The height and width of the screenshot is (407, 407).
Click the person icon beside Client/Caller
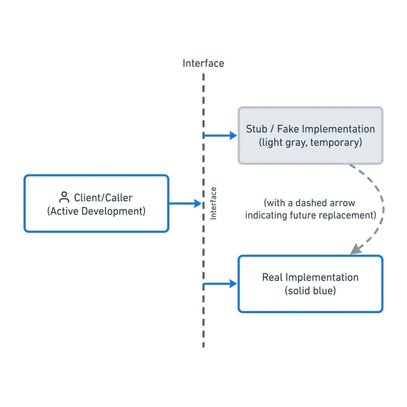(64, 197)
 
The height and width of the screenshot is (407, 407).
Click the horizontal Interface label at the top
(203, 63)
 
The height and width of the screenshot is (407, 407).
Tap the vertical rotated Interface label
(213, 203)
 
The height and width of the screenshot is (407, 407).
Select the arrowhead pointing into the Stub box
(233, 135)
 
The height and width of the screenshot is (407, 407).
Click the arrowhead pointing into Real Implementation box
(233, 284)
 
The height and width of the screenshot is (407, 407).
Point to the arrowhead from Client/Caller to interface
(198, 203)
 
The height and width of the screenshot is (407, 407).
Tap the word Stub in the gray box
(256, 129)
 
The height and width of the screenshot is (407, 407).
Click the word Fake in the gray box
(288, 129)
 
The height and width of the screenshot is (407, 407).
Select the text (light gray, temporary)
(310, 143)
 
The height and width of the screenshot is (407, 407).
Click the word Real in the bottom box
(272, 277)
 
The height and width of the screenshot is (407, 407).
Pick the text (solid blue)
(310, 291)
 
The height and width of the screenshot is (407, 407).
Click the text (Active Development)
(96, 211)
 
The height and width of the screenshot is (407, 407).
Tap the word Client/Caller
(103, 198)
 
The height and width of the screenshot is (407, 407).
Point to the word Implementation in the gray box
(338, 129)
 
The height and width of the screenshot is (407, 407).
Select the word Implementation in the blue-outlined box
(322, 277)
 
